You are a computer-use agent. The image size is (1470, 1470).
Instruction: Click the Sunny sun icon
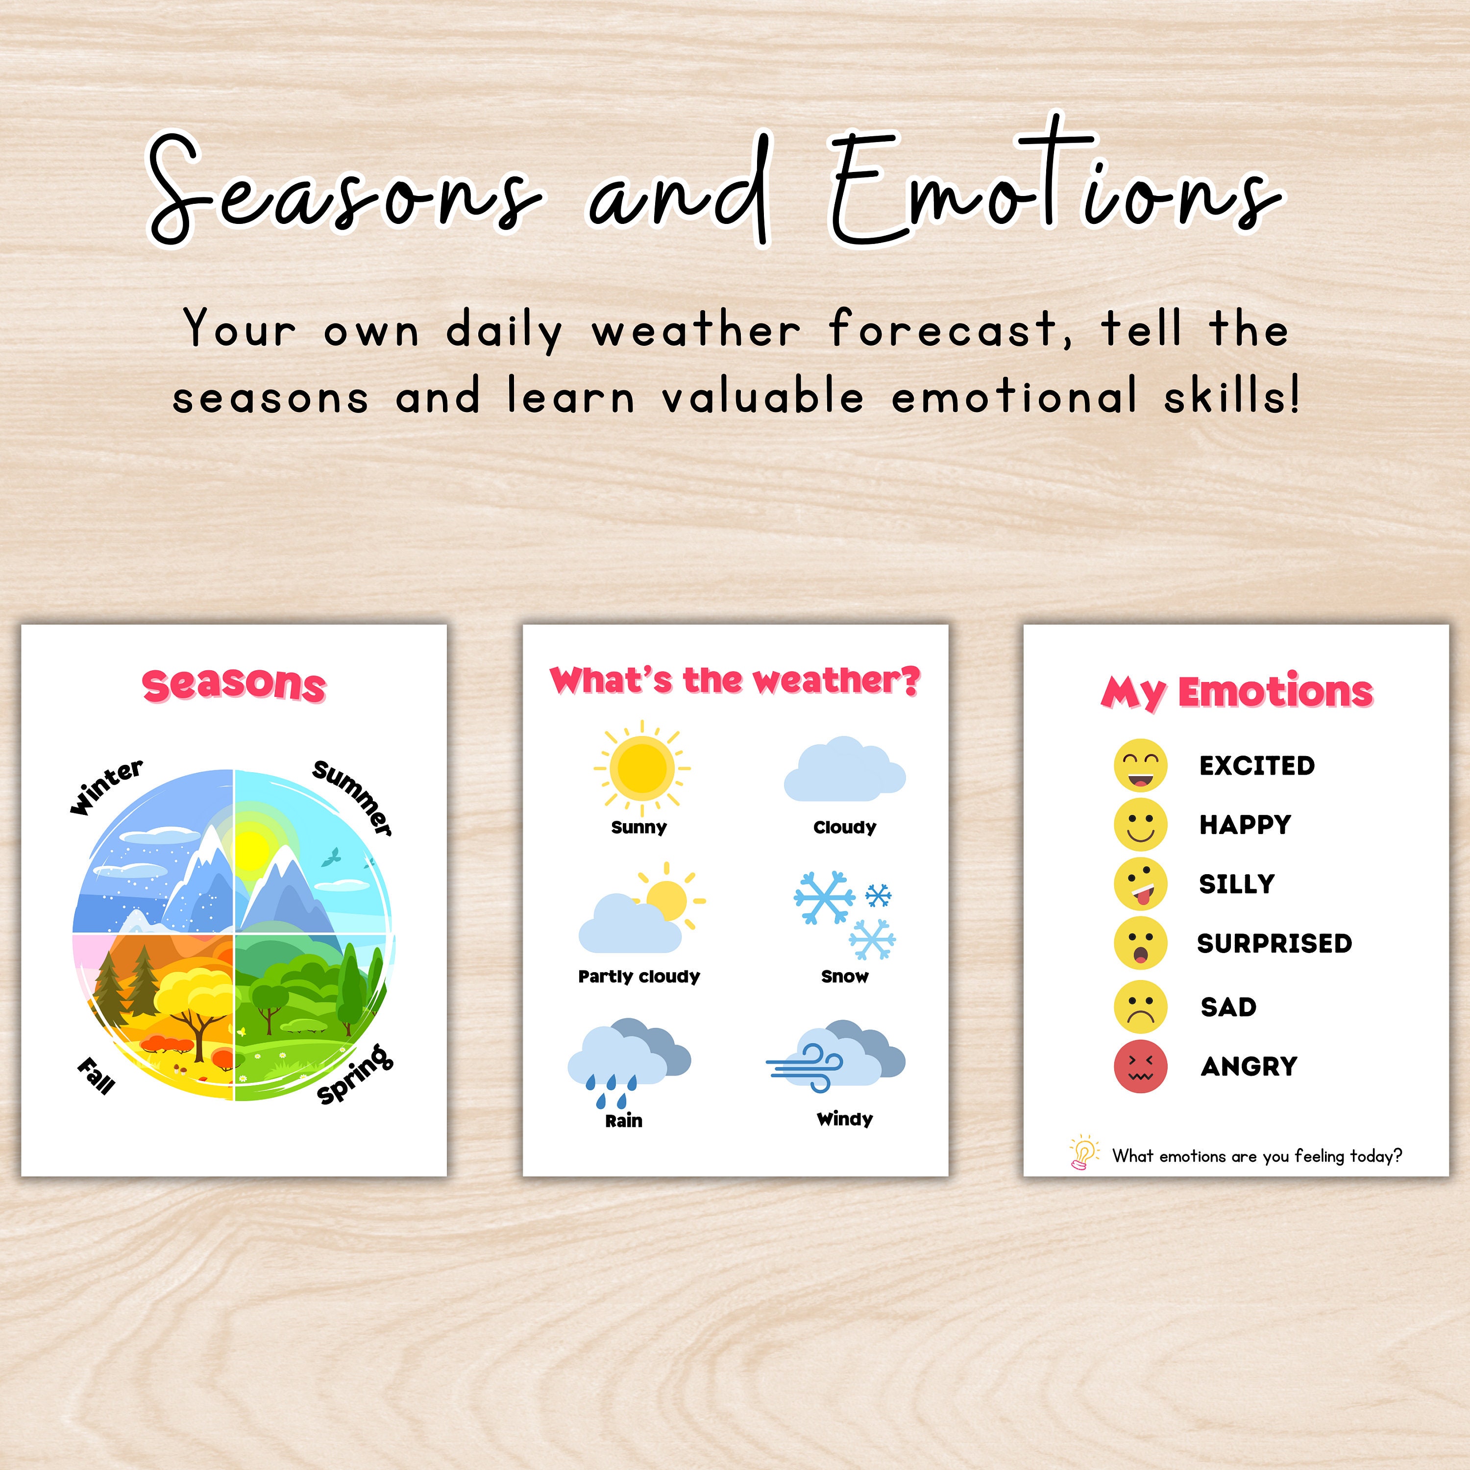(x=641, y=767)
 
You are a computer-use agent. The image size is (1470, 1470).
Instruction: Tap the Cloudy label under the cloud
(x=845, y=827)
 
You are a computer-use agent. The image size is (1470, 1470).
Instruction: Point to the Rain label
(x=623, y=1121)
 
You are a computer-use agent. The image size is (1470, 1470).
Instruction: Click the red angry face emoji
(x=1140, y=1067)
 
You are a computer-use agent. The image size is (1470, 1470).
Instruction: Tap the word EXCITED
(x=1256, y=765)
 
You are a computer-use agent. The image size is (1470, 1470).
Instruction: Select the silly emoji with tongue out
(x=1140, y=884)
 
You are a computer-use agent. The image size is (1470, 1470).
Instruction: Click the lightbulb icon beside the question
(x=1083, y=1152)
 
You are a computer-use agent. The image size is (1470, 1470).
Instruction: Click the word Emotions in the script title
(x=1054, y=190)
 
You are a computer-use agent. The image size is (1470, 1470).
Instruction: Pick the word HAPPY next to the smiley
(x=1245, y=825)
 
